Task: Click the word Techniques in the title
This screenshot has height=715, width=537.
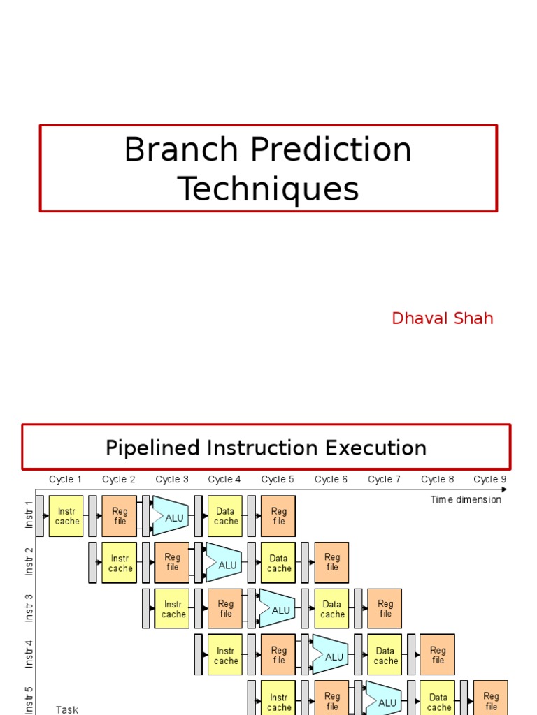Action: pos(268,189)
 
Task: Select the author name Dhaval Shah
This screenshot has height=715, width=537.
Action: pos(442,318)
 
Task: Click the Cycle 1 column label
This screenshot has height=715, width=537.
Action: pos(65,479)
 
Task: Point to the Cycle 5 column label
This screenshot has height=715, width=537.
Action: pos(278,479)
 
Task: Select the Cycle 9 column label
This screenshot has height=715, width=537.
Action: pos(489,479)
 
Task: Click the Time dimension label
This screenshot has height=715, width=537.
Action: pos(466,499)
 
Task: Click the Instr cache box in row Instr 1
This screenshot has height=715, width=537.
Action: pos(66,516)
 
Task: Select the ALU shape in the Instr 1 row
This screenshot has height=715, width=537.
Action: pos(171,517)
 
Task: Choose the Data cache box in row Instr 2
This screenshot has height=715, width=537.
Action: pos(278,563)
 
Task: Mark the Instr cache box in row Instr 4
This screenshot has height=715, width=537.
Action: pos(225,656)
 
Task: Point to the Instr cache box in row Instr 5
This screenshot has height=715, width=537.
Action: pos(278,700)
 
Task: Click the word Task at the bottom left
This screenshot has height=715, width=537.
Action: pos(67,709)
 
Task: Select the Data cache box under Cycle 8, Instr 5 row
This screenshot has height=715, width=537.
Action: pos(438,700)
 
